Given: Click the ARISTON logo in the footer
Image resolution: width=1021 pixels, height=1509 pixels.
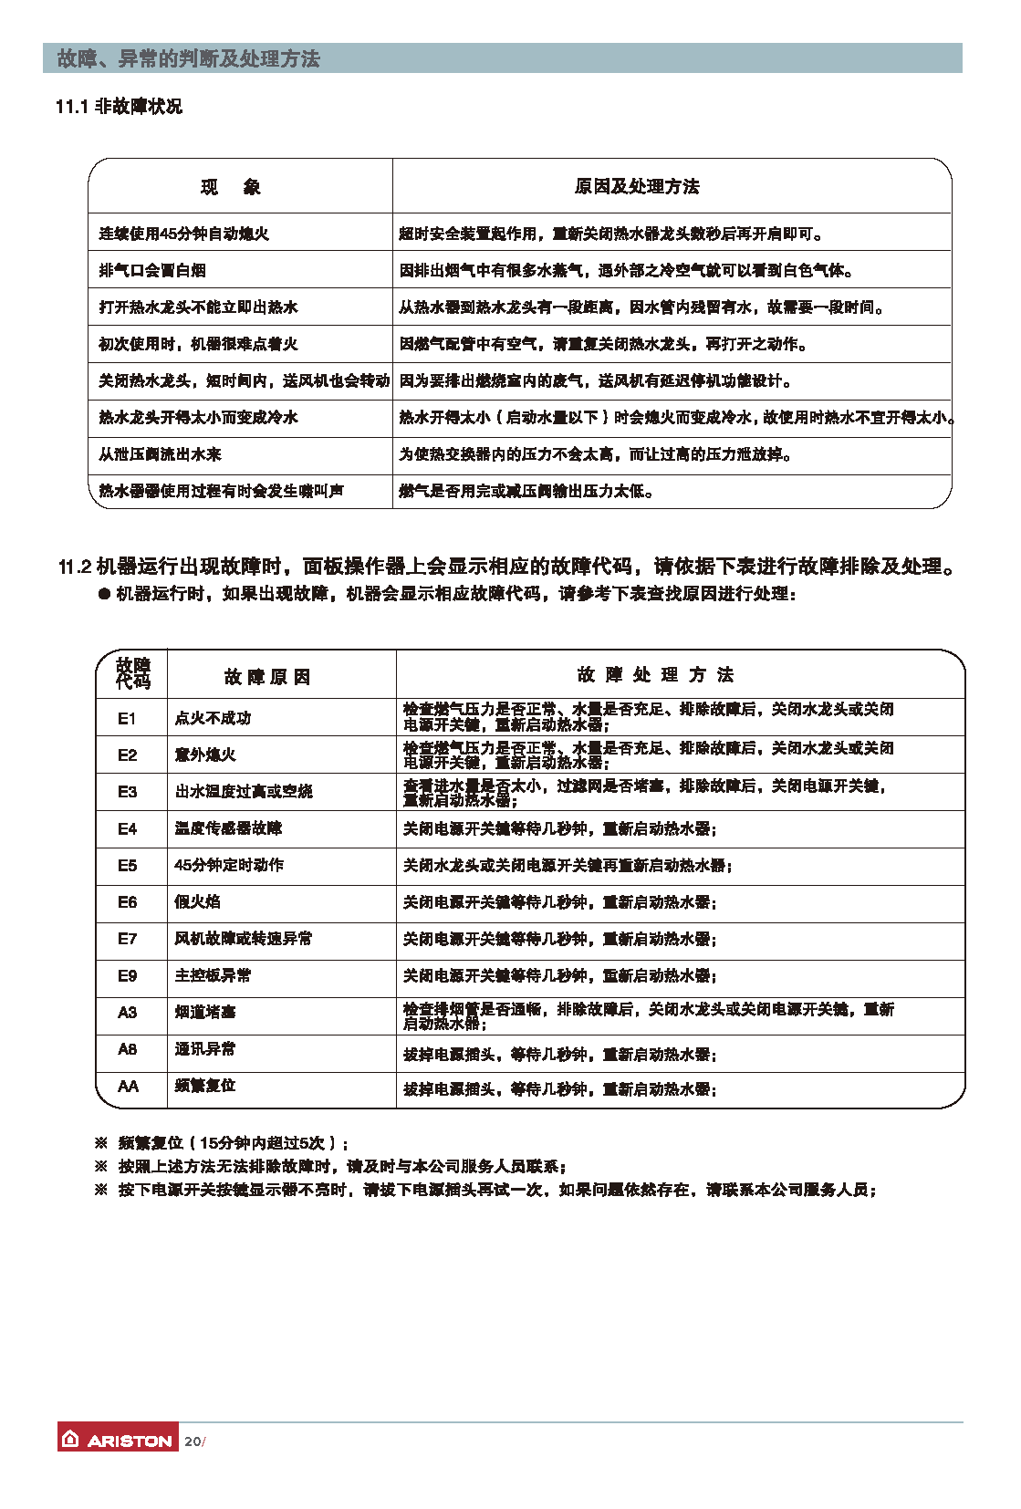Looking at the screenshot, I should [x=118, y=1439].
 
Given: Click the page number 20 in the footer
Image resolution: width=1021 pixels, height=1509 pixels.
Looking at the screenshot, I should [x=193, y=1441].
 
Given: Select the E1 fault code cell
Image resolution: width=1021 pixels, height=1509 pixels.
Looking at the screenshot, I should [x=127, y=718].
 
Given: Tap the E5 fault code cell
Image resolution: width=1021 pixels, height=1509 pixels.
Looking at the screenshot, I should [x=127, y=865].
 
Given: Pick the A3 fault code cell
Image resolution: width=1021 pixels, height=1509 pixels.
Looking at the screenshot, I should [x=127, y=1012].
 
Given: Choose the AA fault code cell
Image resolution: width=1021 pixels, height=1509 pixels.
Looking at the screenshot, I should [x=128, y=1086].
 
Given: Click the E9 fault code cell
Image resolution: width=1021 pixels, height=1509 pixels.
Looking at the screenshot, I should [x=127, y=975].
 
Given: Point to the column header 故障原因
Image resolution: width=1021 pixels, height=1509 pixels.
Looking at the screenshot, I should [x=267, y=676].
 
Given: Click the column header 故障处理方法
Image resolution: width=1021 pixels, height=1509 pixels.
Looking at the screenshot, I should [x=655, y=674].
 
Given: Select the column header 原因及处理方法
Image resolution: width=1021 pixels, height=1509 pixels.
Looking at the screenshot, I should [x=637, y=186].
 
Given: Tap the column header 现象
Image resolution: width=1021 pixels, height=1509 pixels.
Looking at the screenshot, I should [x=231, y=187].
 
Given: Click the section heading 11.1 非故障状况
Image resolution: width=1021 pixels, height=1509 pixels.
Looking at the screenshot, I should [x=119, y=107].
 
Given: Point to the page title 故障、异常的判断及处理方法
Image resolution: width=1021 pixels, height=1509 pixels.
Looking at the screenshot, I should [x=189, y=59].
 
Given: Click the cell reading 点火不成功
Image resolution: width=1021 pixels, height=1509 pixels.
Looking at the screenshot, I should [x=213, y=718].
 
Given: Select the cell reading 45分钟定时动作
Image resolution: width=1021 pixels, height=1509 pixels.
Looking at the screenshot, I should [x=229, y=865].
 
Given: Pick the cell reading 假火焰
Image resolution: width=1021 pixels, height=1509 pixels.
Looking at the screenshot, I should [x=197, y=901].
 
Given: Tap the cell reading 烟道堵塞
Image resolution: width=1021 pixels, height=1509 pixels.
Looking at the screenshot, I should [x=205, y=1012].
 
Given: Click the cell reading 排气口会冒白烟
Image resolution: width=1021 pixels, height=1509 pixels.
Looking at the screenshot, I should [x=152, y=270].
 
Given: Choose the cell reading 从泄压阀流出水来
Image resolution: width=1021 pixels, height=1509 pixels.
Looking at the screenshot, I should [x=160, y=453].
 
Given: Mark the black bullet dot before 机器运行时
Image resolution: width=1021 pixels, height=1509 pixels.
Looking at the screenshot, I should [x=104, y=594].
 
